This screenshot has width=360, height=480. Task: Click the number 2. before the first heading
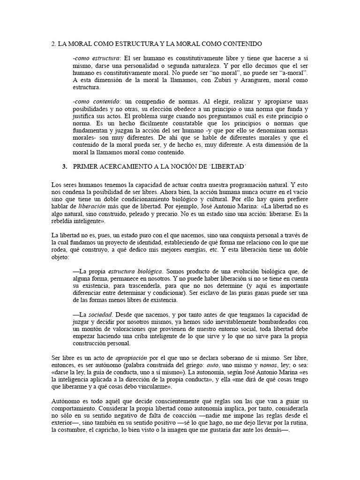[53, 44]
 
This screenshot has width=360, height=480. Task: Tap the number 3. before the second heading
[65, 166]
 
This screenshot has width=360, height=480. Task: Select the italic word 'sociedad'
[103, 314]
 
